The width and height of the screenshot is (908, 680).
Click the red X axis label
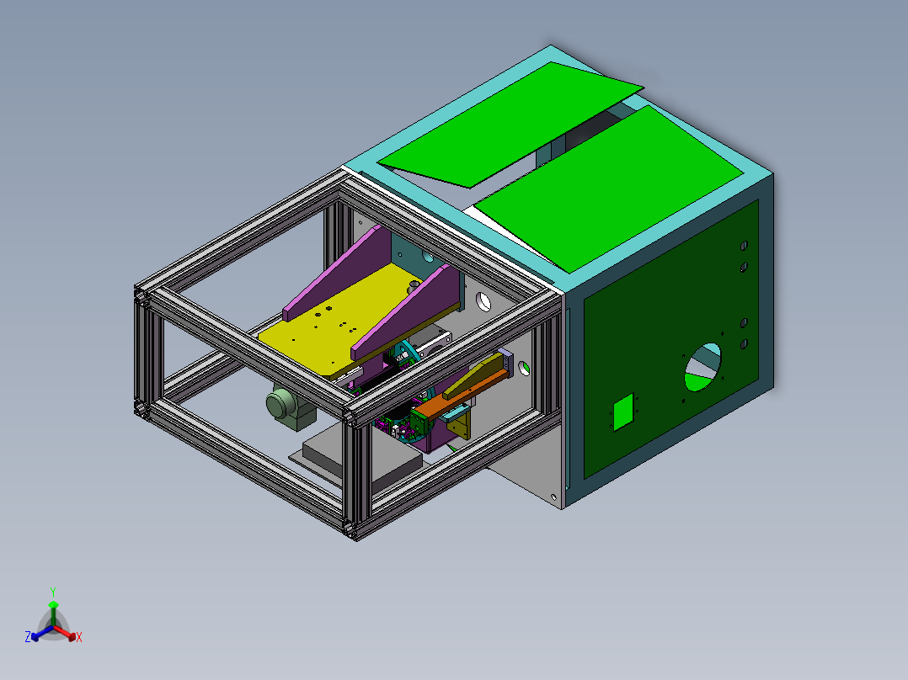tap(78, 638)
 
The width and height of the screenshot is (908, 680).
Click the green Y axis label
tap(52, 591)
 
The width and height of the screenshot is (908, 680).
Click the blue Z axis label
tap(28, 638)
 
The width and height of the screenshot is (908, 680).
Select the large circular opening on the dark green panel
tap(702, 367)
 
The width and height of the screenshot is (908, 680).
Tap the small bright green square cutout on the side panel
tap(622, 413)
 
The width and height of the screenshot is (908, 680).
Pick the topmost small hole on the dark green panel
tap(744, 245)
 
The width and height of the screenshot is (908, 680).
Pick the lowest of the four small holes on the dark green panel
tap(744, 343)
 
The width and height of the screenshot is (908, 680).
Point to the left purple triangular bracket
tap(337, 274)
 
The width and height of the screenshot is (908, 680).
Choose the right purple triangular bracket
tap(409, 311)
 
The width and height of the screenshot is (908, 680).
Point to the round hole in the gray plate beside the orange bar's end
tap(525, 367)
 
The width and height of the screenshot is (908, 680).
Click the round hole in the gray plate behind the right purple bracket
tap(483, 300)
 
